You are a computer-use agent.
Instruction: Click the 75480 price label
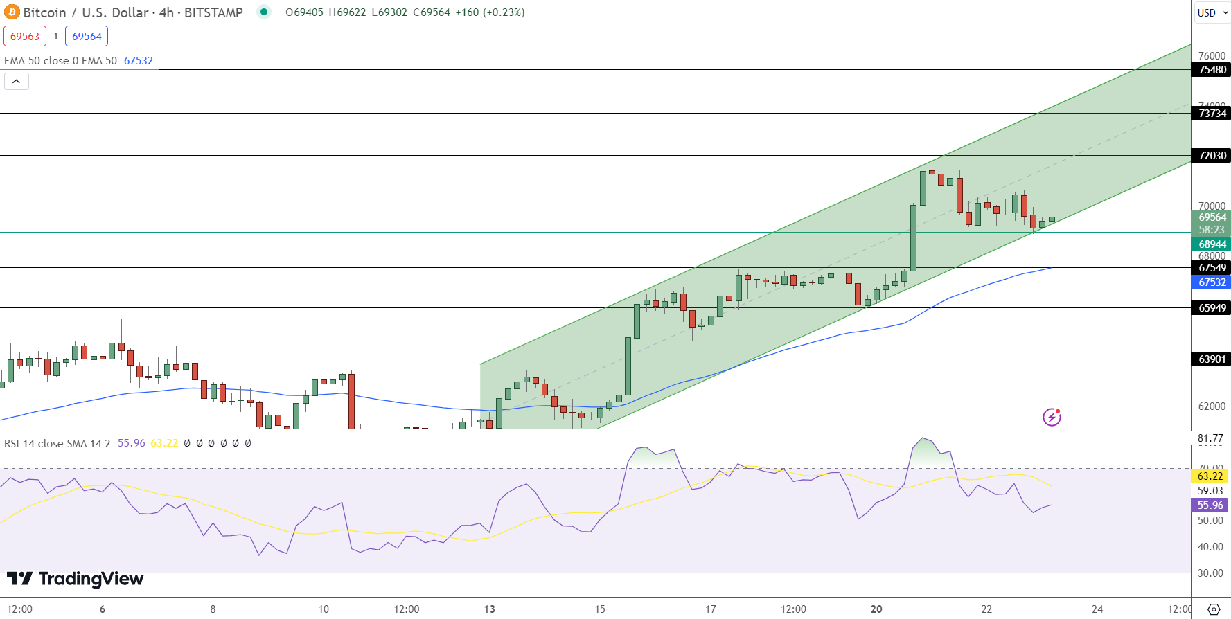1212,70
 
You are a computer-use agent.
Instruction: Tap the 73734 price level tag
1212,114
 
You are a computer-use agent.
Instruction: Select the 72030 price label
1212,156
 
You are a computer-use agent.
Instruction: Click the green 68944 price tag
1212,244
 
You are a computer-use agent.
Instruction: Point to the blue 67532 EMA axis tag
1212,282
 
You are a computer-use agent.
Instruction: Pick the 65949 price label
1212,308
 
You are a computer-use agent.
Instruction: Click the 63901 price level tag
1212,359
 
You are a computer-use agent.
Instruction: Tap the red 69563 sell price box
25,37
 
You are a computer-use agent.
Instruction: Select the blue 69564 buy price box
87,37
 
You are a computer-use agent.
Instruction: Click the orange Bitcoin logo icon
12,12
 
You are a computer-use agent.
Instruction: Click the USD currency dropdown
1212,12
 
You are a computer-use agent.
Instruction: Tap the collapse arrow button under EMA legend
17,82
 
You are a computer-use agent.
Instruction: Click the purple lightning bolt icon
1052,417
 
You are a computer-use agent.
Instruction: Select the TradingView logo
76,579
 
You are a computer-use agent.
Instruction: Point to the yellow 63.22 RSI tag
1210,476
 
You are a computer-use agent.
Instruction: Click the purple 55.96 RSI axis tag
1210,505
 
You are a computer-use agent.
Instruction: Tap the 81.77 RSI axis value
1210,438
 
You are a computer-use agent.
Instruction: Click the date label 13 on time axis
490,609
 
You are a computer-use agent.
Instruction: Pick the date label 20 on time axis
876,609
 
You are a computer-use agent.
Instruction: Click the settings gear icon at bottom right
1214,609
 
